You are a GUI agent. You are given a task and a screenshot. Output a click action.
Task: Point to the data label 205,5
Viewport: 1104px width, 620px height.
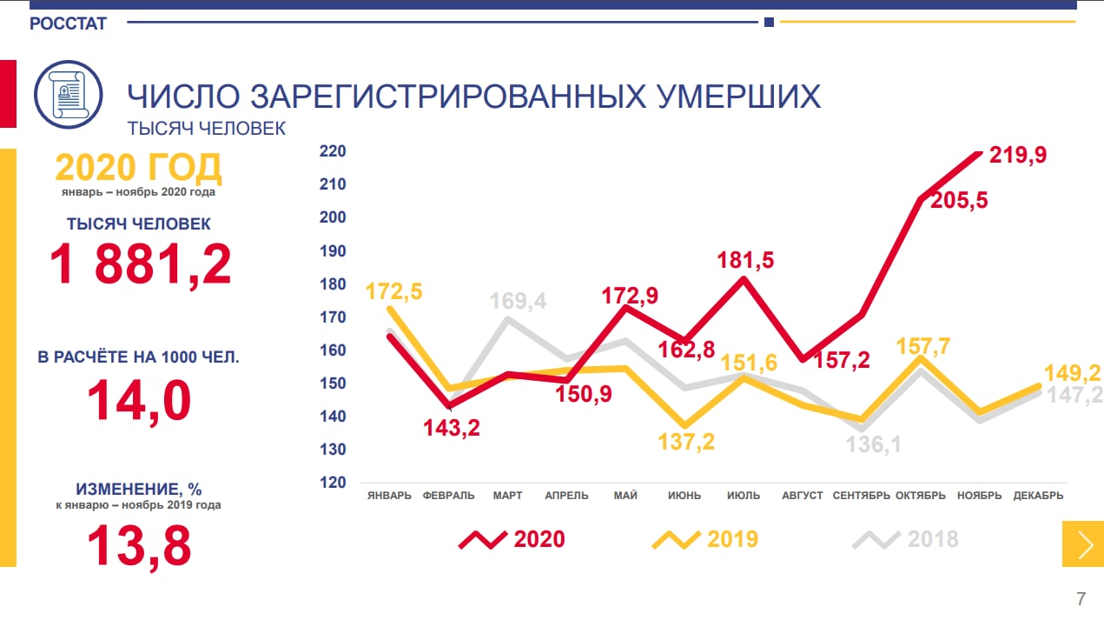point(959,200)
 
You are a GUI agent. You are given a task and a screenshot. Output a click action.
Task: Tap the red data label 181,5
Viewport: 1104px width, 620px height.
point(745,260)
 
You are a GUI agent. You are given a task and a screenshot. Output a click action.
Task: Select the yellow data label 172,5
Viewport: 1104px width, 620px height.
point(394,290)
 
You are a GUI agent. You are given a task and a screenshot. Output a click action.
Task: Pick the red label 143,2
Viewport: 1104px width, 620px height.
point(452,427)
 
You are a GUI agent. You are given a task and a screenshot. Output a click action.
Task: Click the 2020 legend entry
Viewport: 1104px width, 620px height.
point(512,539)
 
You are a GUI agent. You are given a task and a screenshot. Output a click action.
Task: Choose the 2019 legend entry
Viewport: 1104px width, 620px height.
point(705,539)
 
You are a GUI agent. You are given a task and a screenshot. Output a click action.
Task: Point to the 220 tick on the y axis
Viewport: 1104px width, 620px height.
point(334,151)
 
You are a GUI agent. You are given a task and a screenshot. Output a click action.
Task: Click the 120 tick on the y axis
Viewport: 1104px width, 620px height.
point(334,483)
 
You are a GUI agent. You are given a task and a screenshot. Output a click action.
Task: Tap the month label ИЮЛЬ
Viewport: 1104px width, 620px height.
point(743,496)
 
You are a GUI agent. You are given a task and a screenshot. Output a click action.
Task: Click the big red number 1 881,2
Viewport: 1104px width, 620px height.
point(140,265)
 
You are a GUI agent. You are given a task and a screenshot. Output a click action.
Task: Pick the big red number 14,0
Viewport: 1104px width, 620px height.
point(139,400)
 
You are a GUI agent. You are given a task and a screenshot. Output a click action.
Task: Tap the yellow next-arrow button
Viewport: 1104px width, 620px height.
point(1083,544)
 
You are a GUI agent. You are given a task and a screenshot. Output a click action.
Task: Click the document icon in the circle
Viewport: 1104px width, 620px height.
point(68,95)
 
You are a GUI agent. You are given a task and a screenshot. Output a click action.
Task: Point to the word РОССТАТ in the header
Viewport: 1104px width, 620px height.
point(68,24)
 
